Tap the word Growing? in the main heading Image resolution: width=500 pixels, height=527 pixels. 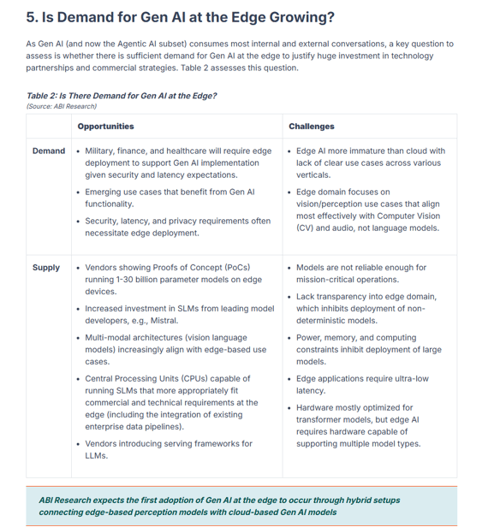pos(301,16)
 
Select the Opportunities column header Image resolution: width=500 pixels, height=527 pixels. pos(105,126)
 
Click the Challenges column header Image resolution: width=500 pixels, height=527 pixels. pos(311,126)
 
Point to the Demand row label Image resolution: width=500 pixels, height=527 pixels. pos(49,151)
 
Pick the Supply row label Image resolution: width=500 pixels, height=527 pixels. pos(46,268)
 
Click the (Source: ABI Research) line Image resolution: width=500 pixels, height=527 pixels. pos(62,106)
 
